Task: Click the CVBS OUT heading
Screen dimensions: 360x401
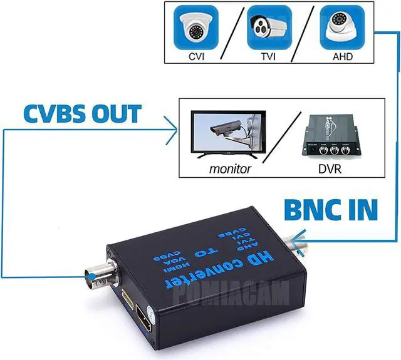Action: click(83, 115)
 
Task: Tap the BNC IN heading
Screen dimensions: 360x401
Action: click(331, 210)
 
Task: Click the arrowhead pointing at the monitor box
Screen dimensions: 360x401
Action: click(175, 130)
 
